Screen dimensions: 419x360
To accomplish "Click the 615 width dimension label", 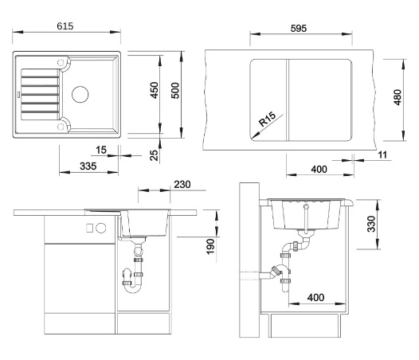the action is (x=65, y=26).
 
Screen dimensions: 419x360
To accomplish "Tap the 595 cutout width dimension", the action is (x=299, y=29).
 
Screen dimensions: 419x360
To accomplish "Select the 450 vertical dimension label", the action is (x=155, y=90).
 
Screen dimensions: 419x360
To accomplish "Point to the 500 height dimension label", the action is (x=175, y=91).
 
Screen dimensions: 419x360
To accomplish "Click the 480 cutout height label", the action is (x=397, y=97).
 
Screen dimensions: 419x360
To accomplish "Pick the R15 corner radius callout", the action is (x=267, y=119).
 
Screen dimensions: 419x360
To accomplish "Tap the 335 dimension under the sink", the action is (x=88, y=166).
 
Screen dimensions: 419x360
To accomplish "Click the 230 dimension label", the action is (x=182, y=185).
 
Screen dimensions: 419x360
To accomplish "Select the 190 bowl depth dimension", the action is (x=210, y=246).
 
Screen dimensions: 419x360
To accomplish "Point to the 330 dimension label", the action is (x=371, y=224).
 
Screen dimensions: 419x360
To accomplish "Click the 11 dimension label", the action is (x=382, y=155).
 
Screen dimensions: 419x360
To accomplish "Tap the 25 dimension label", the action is (x=154, y=155).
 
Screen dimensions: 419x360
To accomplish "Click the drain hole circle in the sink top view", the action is (x=80, y=94).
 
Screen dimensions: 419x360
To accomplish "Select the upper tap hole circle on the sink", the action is (x=61, y=63).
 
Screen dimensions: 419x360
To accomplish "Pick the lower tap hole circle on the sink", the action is (x=61, y=127).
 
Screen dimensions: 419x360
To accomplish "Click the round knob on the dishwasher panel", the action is (x=100, y=228).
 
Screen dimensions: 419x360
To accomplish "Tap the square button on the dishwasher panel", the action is (x=89, y=228).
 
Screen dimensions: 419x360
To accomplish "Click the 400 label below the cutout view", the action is (x=319, y=169).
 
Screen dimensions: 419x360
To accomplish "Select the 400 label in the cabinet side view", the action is (x=316, y=297).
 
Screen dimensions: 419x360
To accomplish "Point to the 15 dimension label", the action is (x=101, y=150).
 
